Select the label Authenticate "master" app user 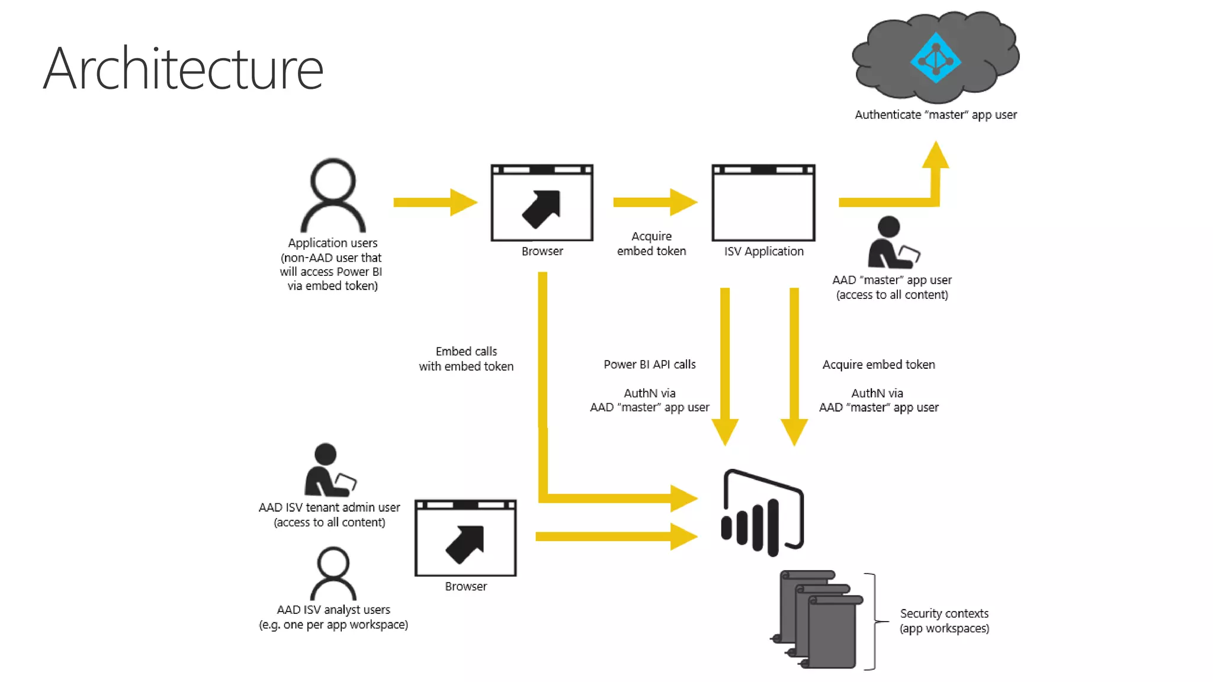[x=936, y=115]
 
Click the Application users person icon [x=333, y=195]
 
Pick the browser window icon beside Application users [x=542, y=203]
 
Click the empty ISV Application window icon [x=763, y=203]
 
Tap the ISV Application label [x=763, y=251]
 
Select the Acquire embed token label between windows [x=652, y=243]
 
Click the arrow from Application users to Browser [x=435, y=202]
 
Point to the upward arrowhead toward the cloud [x=936, y=155]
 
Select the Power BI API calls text [x=650, y=365]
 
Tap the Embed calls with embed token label [x=466, y=359]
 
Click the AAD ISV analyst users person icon [x=333, y=573]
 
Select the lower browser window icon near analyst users [x=466, y=538]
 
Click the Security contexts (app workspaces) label [x=944, y=620]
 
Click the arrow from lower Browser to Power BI [x=616, y=536]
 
